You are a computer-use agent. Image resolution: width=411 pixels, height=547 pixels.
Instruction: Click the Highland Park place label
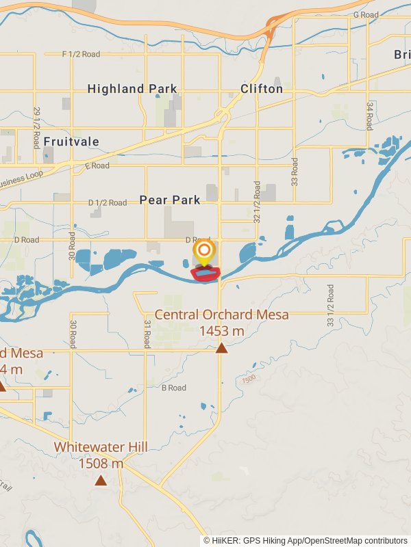click(132, 89)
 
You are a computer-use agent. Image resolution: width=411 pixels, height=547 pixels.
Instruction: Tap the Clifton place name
click(262, 89)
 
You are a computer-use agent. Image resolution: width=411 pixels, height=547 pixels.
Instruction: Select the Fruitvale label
click(71, 142)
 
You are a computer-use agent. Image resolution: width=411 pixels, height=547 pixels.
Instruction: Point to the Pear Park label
click(170, 200)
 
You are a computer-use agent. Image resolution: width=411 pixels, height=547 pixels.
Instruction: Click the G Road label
click(366, 15)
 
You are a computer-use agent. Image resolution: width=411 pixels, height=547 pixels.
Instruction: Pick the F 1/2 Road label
click(81, 54)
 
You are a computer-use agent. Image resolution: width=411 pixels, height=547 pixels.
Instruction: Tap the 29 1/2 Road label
click(37, 128)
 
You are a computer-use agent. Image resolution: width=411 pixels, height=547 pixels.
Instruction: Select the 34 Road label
click(369, 116)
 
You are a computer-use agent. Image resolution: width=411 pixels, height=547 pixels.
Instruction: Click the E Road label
click(97, 166)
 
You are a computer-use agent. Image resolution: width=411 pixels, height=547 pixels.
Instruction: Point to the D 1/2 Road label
click(108, 203)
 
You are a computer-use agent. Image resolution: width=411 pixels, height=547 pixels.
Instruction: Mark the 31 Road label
click(147, 334)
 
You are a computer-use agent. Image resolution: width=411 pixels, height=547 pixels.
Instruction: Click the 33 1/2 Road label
click(330, 309)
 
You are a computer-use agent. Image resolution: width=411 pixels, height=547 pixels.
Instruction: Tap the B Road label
click(173, 388)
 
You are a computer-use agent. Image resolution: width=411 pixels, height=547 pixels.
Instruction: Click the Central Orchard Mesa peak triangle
click(221, 348)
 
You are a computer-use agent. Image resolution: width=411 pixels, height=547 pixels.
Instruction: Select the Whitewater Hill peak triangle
click(101, 480)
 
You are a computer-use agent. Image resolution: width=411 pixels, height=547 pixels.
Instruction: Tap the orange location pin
click(203, 250)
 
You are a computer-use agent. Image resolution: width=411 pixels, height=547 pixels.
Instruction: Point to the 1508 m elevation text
click(101, 464)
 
